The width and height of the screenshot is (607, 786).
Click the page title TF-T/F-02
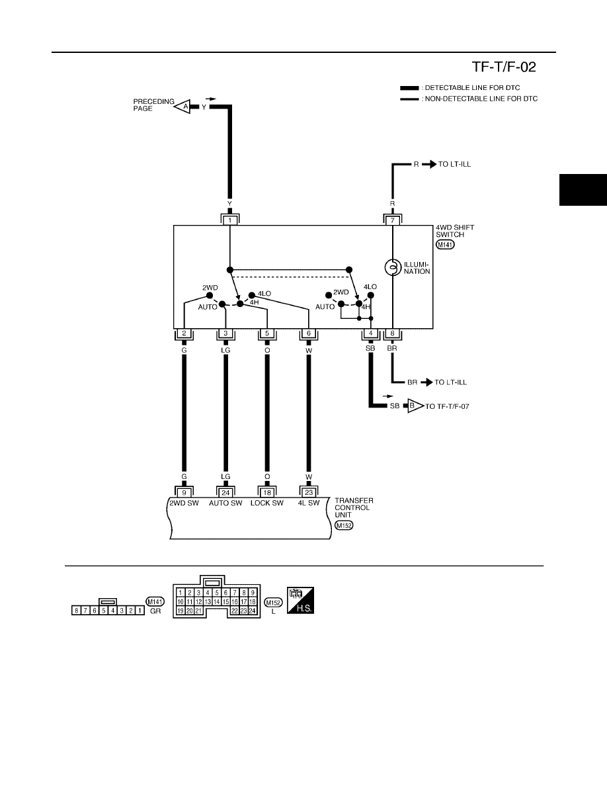(x=503, y=67)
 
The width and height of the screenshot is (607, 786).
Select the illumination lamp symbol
(x=393, y=267)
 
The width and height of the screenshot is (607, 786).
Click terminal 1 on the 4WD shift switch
(x=230, y=220)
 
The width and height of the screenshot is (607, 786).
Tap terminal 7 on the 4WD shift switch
(x=393, y=220)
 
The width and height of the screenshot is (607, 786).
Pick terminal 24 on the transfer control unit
(x=225, y=492)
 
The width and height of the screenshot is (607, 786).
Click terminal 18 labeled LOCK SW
(x=267, y=492)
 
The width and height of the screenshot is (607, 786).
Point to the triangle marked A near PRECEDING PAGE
(x=182, y=107)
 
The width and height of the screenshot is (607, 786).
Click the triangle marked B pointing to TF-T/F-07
(x=415, y=406)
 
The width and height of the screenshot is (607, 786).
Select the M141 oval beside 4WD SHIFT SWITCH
(x=445, y=245)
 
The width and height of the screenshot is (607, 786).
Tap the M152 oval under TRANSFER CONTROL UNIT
(x=344, y=525)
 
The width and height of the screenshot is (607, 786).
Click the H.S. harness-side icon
(x=300, y=600)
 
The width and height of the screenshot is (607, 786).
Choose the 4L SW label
(x=309, y=503)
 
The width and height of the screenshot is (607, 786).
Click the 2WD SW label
(x=184, y=503)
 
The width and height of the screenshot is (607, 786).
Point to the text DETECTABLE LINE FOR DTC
(x=472, y=88)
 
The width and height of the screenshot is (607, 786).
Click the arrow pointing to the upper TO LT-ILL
(x=428, y=164)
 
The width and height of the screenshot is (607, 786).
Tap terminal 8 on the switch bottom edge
(x=392, y=333)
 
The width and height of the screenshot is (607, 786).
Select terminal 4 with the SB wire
(x=370, y=333)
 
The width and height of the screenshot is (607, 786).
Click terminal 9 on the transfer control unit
(x=184, y=492)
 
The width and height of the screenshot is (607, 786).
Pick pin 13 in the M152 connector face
(x=208, y=601)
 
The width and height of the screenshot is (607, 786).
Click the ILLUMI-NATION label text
(x=417, y=268)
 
